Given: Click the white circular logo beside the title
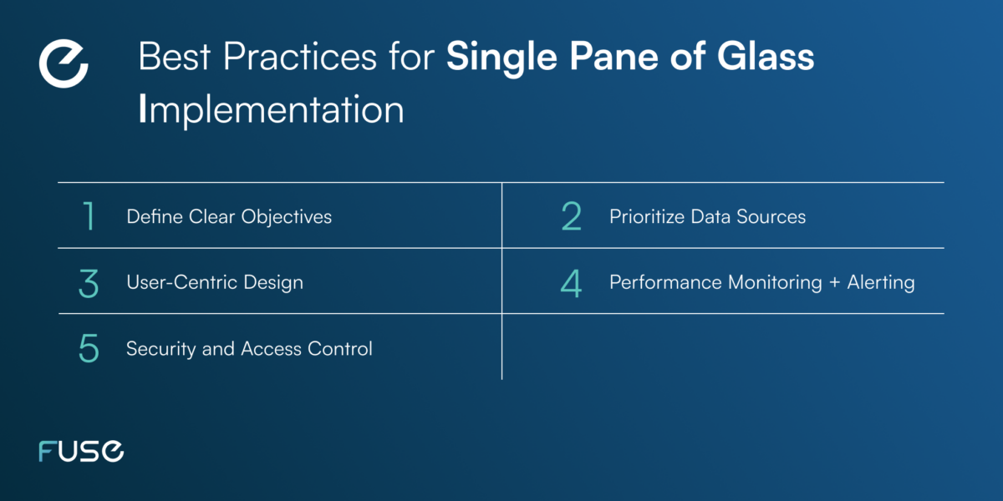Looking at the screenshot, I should point(64,63).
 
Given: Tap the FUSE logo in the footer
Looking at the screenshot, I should point(81,452).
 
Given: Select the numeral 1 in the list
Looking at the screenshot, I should point(89,217).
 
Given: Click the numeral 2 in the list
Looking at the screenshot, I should point(572,217).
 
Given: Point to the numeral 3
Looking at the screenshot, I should point(89,283).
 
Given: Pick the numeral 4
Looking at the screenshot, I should point(572,283).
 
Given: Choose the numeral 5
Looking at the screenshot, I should point(89,349).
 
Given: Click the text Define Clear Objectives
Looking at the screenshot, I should point(228,217).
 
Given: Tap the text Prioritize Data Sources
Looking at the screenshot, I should point(707,217).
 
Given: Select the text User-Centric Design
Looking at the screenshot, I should point(214,283).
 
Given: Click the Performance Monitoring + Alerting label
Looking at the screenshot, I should point(761,283).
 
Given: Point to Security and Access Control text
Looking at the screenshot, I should point(249,349).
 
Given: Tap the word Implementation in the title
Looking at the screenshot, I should point(271,110).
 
